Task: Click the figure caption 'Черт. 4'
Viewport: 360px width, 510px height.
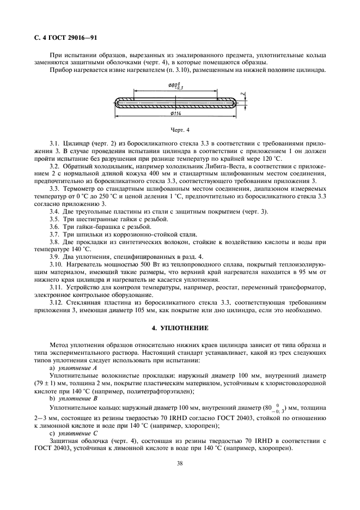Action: (179, 131)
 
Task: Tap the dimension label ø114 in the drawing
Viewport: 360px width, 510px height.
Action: (175, 113)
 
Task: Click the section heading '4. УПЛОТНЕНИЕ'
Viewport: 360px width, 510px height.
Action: (179, 329)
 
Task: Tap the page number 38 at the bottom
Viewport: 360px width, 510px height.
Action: (179, 463)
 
